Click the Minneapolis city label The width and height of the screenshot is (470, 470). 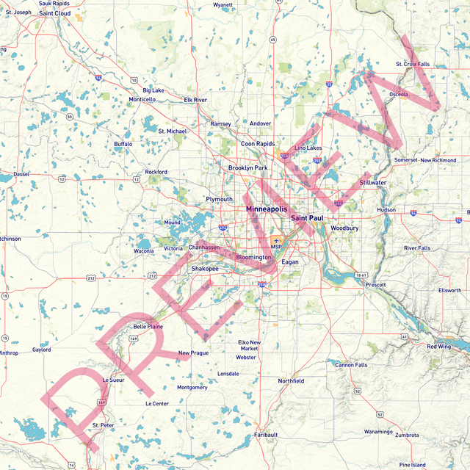267,209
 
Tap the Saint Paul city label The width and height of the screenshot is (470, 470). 307,218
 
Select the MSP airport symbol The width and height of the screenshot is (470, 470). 276,240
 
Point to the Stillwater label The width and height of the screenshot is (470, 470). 373,182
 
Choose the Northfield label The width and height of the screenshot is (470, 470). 291,381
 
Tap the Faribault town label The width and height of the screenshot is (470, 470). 266,435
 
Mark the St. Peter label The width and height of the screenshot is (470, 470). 103,425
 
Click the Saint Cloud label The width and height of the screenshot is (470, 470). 55,13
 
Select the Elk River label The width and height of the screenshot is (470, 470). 195,99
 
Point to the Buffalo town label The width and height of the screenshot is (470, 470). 123,144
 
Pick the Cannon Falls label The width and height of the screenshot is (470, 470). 351,365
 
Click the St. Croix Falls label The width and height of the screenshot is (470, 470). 413,64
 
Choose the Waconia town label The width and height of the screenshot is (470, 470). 143,251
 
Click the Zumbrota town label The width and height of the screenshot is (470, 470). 407,435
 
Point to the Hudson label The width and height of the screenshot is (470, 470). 386,209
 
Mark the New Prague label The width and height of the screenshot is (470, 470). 194,353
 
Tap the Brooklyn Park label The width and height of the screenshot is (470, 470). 247,168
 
